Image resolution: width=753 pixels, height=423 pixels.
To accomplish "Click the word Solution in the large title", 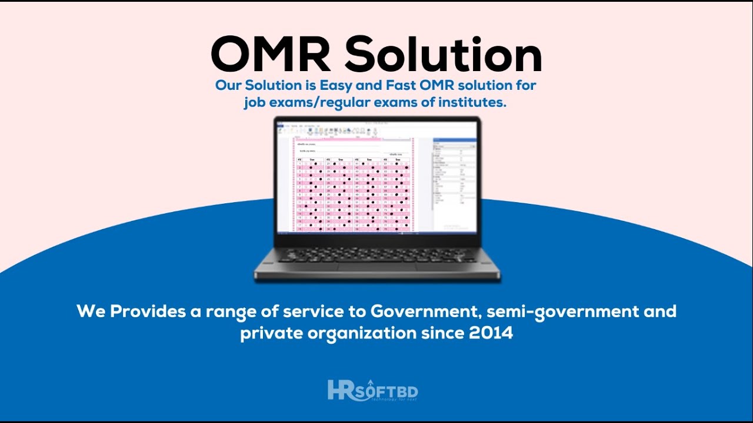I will pyautogui.click(x=443, y=55).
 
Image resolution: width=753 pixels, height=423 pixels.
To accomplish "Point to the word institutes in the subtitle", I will pyautogui.click(x=475, y=103).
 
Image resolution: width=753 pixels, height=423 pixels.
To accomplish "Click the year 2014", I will pyautogui.click(x=491, y=334).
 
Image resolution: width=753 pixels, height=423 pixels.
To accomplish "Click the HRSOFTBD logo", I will pyautogui.click(x=373, y=391).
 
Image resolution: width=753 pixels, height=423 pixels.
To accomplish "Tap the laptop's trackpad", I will pyautogui.click(x=377, y=268).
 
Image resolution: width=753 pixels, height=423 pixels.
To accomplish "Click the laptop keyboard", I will pyautogui.click(x=377, y=254).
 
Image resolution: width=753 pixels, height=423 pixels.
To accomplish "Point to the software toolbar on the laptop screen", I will pyautogui.click(x=353, y=130).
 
